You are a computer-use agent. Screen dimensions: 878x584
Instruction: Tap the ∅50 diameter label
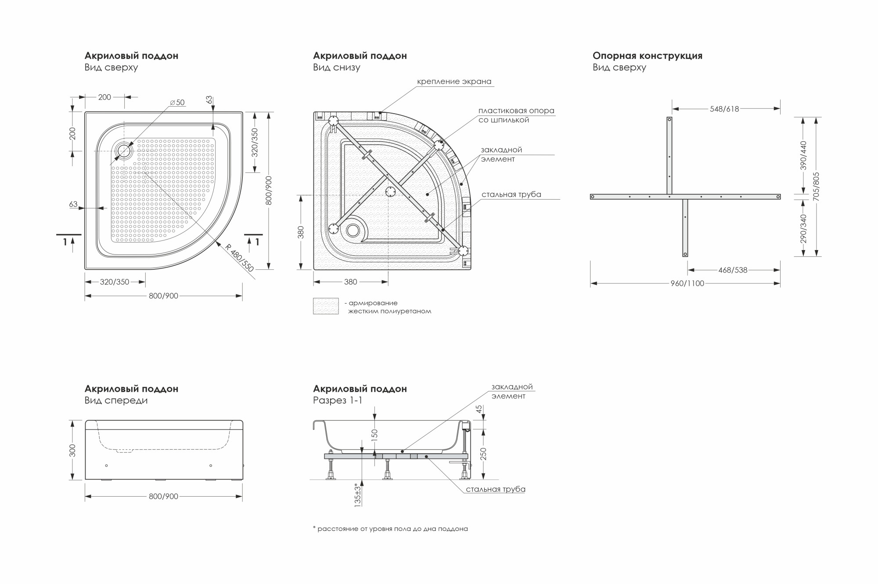(177, 103)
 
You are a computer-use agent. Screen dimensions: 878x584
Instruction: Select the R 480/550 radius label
(240, 257)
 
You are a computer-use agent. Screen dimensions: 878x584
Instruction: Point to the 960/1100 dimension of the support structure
(687, 283)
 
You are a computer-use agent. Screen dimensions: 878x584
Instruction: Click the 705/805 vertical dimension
(816, 186)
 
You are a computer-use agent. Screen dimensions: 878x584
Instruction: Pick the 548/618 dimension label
(725, 109)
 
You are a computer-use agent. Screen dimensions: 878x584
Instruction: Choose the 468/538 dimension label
(733, 270)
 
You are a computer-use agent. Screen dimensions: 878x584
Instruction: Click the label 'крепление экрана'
(454, 82)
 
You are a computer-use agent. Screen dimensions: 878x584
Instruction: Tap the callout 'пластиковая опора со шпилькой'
(516, 115)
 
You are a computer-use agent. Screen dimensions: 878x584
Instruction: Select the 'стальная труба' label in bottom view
(511, 194)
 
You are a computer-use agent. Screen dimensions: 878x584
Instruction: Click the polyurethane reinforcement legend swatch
(326, 306)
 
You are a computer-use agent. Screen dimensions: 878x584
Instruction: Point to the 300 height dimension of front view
(73, 450)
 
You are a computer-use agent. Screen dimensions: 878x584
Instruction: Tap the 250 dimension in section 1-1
(483, 454)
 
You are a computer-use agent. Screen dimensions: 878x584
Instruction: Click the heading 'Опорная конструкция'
(648, 56)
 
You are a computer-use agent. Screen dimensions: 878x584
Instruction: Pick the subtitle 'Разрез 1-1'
(338, 400)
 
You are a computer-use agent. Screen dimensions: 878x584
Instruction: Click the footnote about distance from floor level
(390, 529)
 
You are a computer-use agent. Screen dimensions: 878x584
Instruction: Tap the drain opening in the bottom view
(353, 230)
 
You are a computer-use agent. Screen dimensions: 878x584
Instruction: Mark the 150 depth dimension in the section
(374, 434)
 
